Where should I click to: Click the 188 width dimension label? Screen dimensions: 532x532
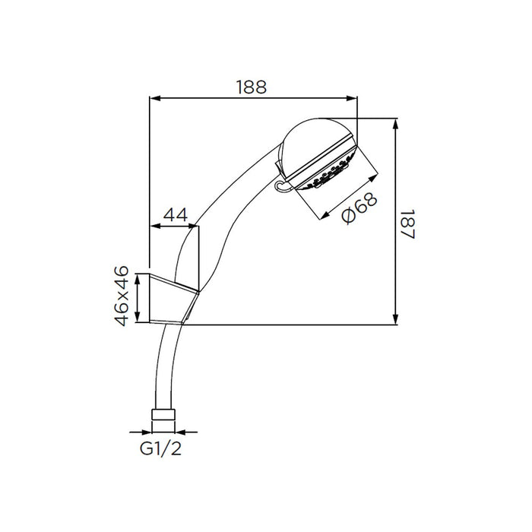pos(251,87)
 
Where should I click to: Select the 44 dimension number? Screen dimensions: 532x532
pos(176,216)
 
